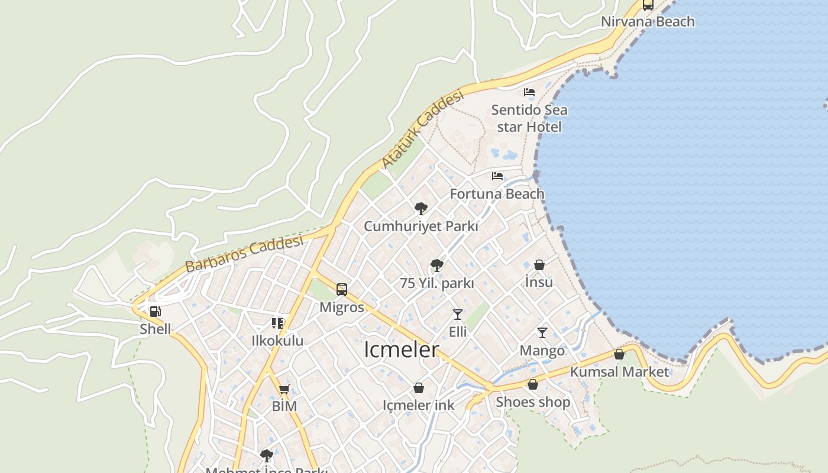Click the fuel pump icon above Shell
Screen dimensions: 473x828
155,311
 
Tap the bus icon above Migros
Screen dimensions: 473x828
342,289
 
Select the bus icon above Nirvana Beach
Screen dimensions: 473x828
648,5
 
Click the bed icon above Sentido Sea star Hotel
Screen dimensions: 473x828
529,92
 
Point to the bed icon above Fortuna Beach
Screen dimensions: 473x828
497,176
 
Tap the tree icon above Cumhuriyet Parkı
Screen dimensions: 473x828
421,208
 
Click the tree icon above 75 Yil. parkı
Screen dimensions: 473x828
437,265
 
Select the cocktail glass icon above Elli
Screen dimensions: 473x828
458,314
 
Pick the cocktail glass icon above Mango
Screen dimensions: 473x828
542,333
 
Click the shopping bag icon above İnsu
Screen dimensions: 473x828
539,265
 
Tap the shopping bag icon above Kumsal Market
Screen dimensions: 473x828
619,354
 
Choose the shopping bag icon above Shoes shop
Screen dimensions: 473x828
533,384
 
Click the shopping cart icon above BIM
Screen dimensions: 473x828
284,389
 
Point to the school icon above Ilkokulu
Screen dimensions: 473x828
277,323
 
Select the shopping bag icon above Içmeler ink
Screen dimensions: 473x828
419,388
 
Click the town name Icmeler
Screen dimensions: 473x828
402,349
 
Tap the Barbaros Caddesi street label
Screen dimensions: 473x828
244,254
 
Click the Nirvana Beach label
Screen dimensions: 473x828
648,22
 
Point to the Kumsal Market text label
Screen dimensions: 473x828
619,372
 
